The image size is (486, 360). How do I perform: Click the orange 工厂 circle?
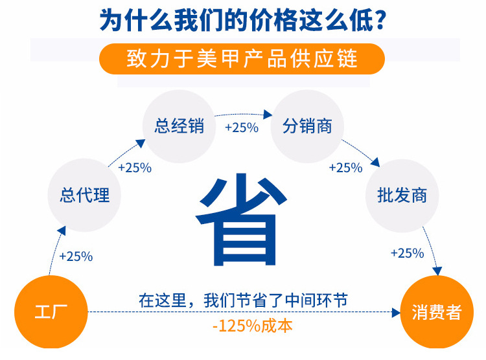click(x=51, y=313)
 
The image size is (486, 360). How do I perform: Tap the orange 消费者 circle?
click(x=436, y=313)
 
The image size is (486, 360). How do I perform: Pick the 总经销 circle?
click(x=179, y=125)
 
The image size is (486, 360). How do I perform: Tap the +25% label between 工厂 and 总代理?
click(x=76, y=256)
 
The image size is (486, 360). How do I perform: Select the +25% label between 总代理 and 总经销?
click(x=135, y=168)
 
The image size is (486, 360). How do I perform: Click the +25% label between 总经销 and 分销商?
click(x=241, y=128)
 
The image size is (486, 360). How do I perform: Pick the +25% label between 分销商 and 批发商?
click(x=345, y=168)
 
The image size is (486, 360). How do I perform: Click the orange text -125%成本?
click(x=244, y=325)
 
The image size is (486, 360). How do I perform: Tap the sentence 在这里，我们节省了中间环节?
click(x=243, y=300)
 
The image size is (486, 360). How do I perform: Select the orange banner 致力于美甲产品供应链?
click(x=242, y=59)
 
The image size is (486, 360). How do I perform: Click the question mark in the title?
click(x=380, y=20)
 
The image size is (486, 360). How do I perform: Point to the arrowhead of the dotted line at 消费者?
click(x=396, y=313)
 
